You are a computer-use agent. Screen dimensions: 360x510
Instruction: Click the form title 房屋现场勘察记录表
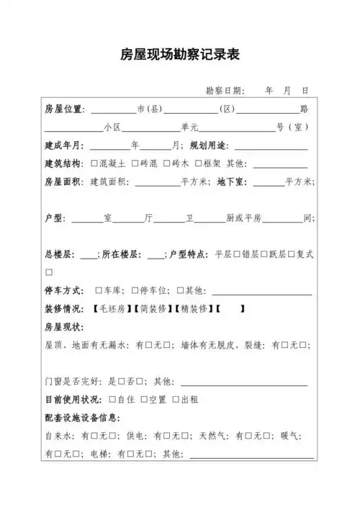pyautogui.click(x=180, y=55)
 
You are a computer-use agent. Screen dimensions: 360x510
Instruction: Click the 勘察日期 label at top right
pyautogui.click(x=224, y=91)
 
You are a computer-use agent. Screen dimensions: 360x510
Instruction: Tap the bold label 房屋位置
pyautogui.click(x=63, y=109)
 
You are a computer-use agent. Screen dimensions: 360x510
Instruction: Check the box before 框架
pyautogui.click(x=198, y=164)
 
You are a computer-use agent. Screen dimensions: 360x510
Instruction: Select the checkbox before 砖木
pyautogui.click(x=167, y=164)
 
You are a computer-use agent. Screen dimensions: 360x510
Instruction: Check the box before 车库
pyautogui.click(x=99, y=290)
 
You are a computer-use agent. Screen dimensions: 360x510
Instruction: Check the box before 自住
pyautogui.click(x=113, y=399)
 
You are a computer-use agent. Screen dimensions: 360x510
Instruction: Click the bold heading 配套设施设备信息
pyautogui.click(x=82, y=418)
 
